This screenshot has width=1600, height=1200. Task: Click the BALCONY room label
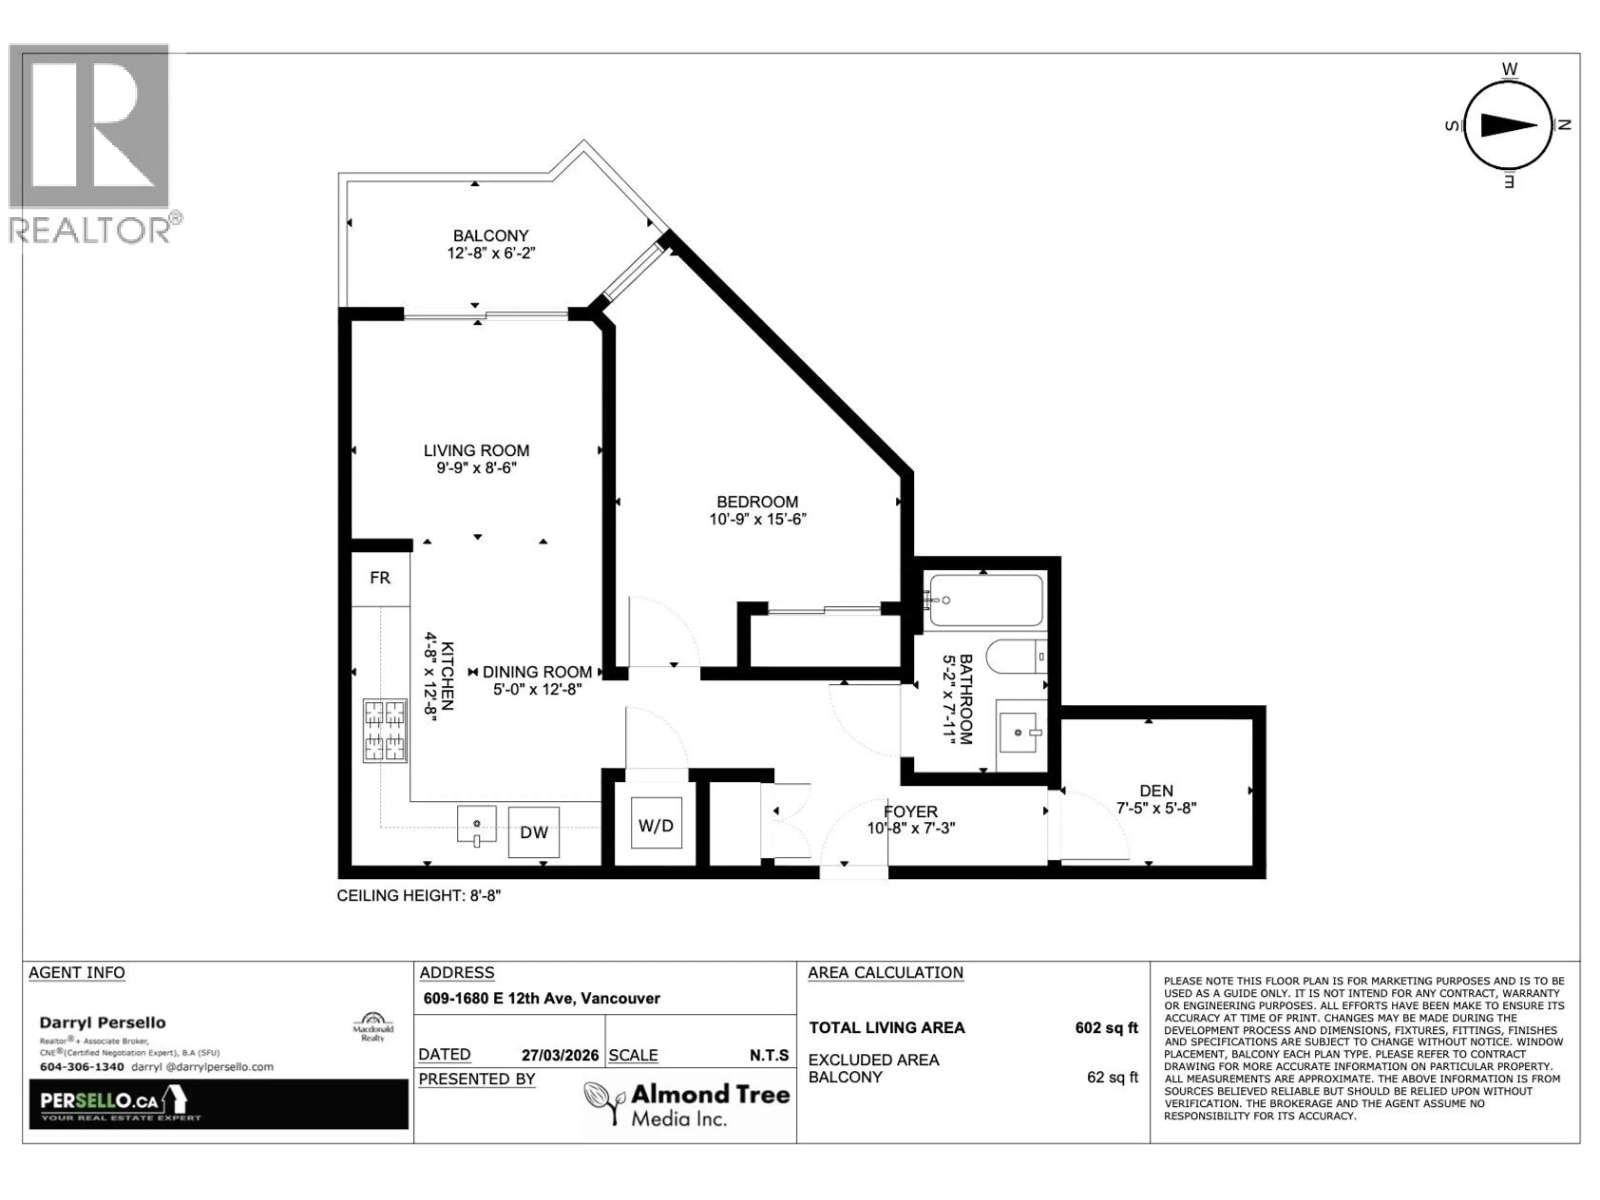(490, 236)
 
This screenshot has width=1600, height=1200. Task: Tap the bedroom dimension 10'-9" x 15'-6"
(757, 519)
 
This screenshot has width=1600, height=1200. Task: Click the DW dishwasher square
(534, 832)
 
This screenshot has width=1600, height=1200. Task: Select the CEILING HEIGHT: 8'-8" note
(419, 895)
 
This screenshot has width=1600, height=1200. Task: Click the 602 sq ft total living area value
(1106, 1028)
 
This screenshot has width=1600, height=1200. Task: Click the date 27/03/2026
(560, 1055)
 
